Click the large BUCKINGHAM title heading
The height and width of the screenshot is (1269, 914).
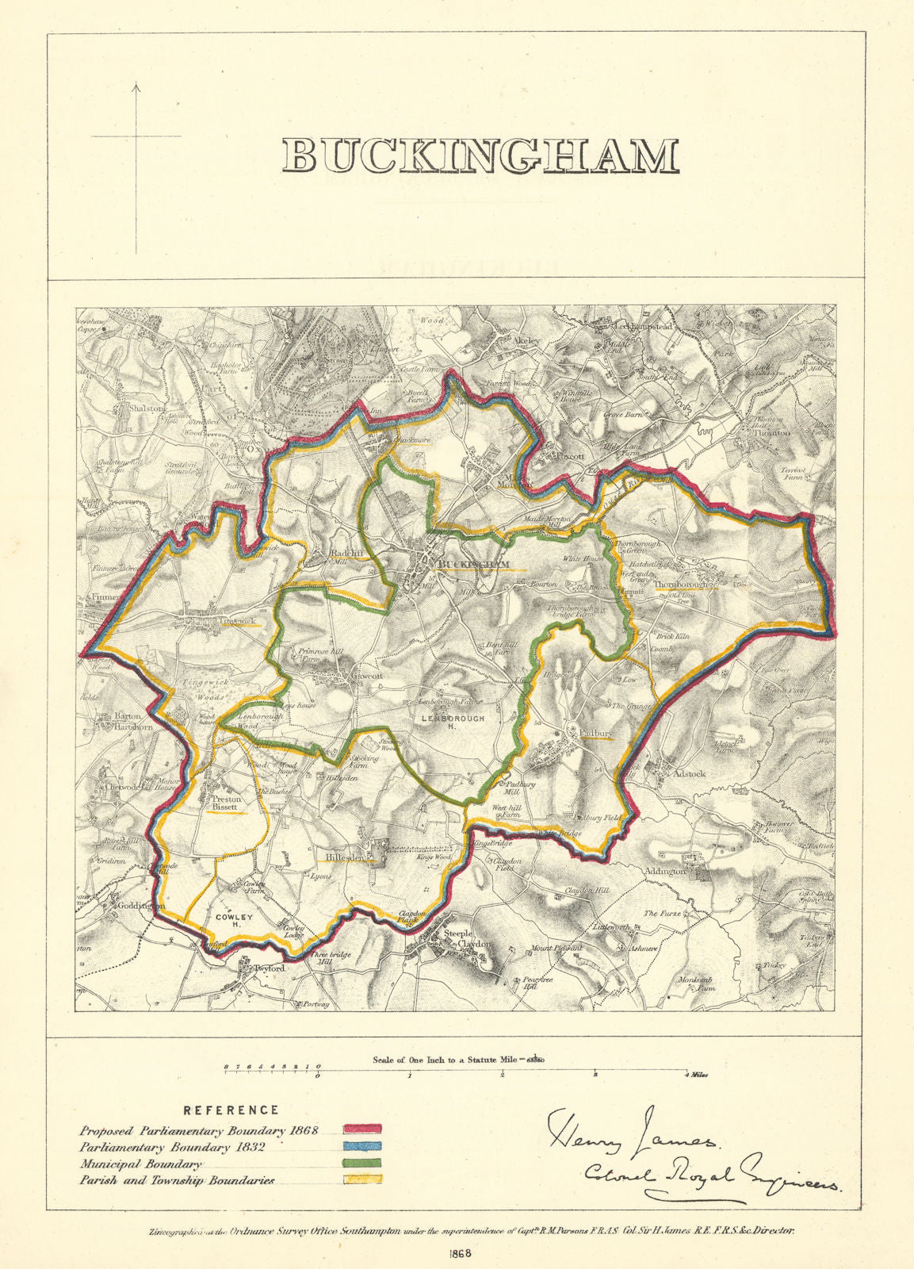click(480, 155)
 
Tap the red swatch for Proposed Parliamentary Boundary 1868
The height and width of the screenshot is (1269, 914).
click(363, 1128)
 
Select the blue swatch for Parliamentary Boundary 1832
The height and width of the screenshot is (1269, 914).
click(363, 1146)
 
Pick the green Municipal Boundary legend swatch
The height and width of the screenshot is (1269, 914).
click(363, 1163)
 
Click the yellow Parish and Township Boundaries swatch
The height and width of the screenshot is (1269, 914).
click(363, 1179)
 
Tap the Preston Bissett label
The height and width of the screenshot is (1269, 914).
click(225, 803)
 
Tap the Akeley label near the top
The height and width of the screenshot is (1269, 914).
click(527, 340)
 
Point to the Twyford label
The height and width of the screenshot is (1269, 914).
click(268, 968)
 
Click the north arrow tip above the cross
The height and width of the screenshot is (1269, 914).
click(136, 84)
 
